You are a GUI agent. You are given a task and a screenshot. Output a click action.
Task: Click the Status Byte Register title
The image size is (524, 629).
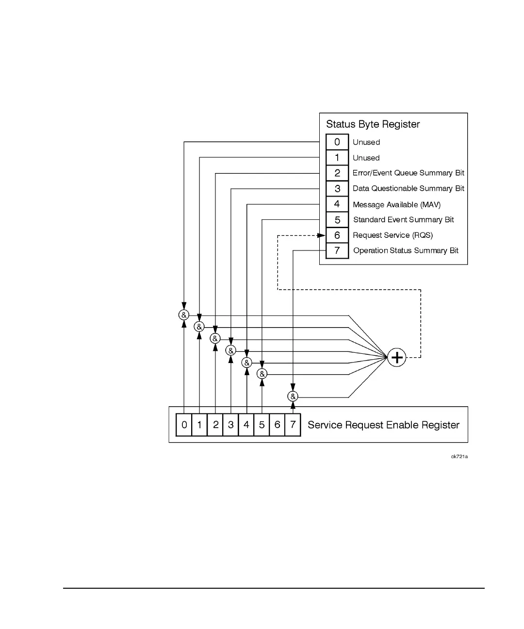(x=373, y=124)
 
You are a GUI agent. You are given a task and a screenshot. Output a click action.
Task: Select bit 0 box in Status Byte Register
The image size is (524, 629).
(x=337, y=142)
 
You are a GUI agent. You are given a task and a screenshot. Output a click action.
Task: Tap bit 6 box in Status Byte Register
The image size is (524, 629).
(x=337, y=235)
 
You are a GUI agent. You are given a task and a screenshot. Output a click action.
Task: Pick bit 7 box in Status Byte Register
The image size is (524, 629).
(x=337, y=251)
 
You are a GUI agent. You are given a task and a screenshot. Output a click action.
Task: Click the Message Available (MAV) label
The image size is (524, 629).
(x=396, y=205)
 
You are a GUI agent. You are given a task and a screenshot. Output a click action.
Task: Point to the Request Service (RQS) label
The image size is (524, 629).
(x=393, y=235)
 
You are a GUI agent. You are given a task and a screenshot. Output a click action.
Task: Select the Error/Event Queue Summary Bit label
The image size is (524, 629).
(x=408, y=173)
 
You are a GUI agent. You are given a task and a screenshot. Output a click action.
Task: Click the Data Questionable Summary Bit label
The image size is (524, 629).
(x=408, y=189)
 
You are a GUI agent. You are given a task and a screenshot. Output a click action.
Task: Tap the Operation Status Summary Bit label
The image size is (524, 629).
(x=406, y=251)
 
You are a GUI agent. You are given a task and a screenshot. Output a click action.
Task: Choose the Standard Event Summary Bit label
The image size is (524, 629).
(x=403, y=220)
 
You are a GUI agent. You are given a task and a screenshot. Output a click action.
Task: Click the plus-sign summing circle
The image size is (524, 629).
(x=397, y=358)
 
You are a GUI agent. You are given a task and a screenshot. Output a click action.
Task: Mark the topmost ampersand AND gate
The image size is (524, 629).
(x=183, y=315)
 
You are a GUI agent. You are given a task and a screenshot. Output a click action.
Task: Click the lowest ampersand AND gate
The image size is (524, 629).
(x=293, y=397)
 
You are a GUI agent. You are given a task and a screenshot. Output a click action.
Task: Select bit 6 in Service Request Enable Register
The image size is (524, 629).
(x=277, y=425)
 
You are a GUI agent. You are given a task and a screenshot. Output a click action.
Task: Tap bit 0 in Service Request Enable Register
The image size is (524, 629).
(x=184, y=425)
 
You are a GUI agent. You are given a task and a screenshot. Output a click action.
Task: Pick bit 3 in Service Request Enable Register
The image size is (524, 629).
(x=230, y=425)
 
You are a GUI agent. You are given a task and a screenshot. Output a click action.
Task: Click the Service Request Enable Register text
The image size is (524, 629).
(x=383, y=425)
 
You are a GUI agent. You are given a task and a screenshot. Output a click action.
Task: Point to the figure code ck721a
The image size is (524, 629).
(x=459, y=457)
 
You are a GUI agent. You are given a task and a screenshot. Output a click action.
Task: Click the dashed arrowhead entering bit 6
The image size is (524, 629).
(x=321, y=235)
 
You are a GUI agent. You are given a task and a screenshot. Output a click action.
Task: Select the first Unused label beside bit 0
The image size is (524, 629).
(x=366, y=142)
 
